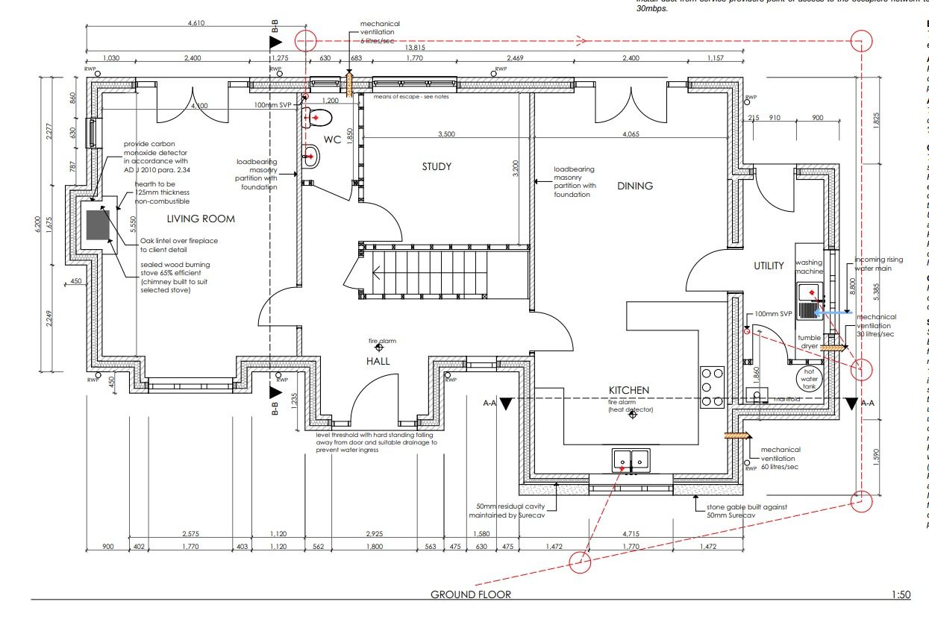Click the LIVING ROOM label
[x=201, y=219]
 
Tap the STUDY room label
[x=437, y=166]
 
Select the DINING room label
[x=635, y=186]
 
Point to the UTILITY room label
[x=769, y=266]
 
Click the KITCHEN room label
[x=629, y=390]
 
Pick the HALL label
[x=378, y=361]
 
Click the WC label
[x=332, y=139]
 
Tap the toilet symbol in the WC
[x=316, y=117]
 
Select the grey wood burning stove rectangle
[x=98, y=224]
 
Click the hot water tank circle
[x=809, y=377]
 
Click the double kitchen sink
[x=631, y=460]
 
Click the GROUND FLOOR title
[x=471, y=594]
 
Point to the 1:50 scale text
[x=901, y=594]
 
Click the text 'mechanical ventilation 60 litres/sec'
[x=780, y=458]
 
